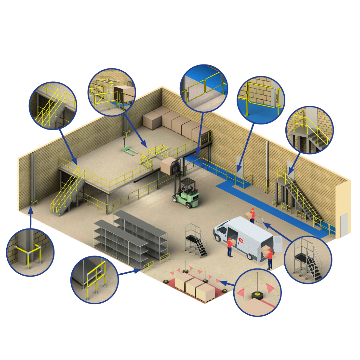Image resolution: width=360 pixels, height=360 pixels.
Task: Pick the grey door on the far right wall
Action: coord(344,225)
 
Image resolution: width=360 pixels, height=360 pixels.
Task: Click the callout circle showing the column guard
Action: coord(30,252)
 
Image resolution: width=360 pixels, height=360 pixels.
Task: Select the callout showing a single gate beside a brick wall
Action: coord(261,100)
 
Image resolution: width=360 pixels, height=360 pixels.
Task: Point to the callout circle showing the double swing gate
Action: coord(204,88)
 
